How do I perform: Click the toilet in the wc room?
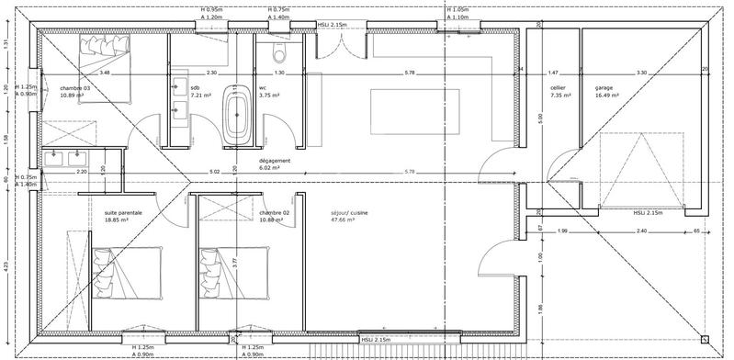tap(277, 56)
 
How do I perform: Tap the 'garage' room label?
tap(604, 87)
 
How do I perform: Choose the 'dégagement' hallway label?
tap(276, 160)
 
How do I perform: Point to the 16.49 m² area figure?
tap(607, 95)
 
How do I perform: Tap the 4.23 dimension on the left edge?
tap(6, 267)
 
